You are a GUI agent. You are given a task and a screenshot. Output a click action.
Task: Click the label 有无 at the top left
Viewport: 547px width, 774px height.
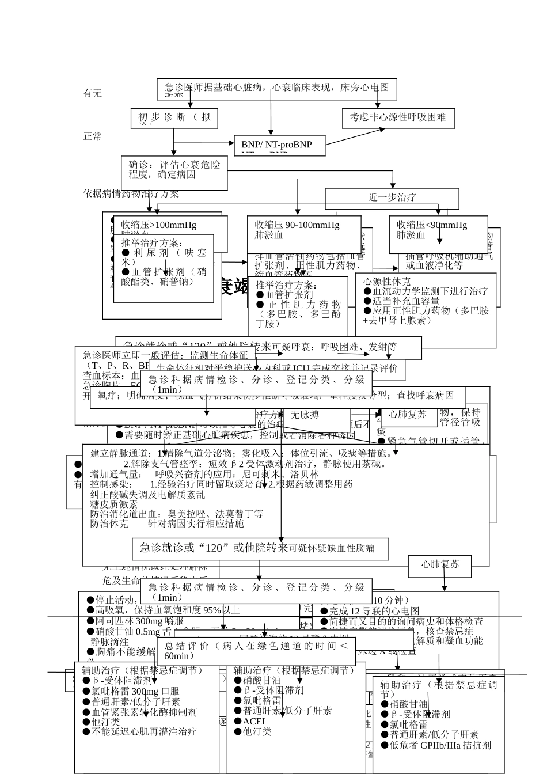coord(92,93)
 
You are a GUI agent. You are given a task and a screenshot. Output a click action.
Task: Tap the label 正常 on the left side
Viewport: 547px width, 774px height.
coord(92,136)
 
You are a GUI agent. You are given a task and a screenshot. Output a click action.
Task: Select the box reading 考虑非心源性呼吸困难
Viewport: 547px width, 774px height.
coord(398,117)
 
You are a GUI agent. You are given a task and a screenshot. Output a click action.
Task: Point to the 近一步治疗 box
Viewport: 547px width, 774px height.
coord(392,198)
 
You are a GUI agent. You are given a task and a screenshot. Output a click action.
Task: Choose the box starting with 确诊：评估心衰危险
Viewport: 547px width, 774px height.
coord(174,170)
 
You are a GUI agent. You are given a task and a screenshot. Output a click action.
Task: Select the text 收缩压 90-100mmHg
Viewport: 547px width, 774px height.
coord(297,225)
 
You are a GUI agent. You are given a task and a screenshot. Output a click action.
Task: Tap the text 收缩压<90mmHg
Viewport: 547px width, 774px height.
coord(431,225)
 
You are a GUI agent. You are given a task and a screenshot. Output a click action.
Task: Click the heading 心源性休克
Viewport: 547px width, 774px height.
coord(386,282)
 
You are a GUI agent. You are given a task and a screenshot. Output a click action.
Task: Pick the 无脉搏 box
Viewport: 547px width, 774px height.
coord(305,415)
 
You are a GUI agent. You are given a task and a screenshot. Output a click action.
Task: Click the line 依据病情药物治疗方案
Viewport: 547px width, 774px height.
coord(131,194)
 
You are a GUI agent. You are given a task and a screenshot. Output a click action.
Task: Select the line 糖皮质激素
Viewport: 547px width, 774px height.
coord(114,504)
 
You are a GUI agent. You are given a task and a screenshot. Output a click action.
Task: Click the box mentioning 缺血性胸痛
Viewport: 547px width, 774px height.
coord(260,548)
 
